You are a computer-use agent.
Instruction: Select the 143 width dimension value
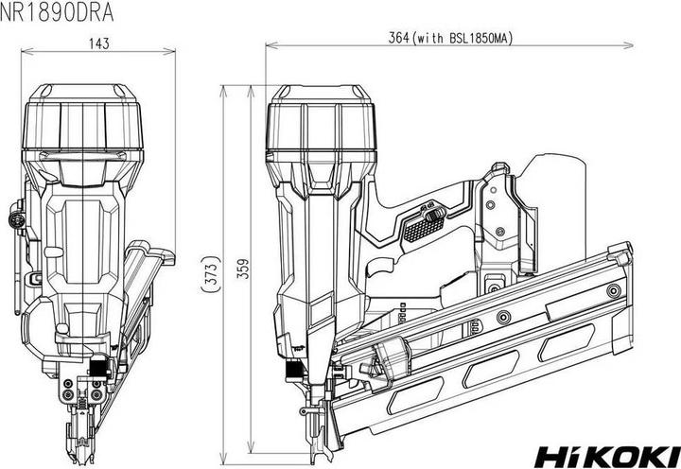click(99, 43)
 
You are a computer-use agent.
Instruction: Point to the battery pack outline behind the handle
click(553, 189)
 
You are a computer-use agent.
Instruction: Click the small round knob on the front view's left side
click(16, 218)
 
